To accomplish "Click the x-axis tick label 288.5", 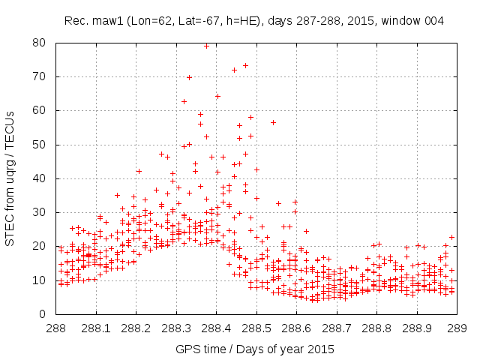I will (256, 328).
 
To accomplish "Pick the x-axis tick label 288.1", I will (96, 328).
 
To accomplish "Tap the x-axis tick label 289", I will (457, 328).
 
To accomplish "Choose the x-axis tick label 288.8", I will (376, 328).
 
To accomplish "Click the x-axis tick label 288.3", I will (176, 328).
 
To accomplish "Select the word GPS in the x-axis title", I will (187, 349).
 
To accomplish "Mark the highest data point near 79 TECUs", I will (206, 46).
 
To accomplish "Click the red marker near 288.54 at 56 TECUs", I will (273, 122).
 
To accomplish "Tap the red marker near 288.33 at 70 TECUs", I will (189, 77).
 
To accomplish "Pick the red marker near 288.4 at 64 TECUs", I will (217, 96).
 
